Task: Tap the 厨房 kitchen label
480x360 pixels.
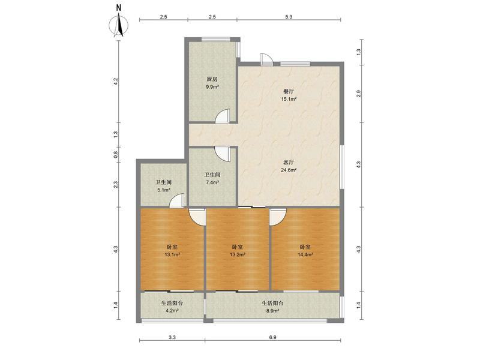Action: (212, 79)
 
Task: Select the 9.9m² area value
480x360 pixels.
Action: (212, 86)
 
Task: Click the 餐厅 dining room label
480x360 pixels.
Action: (289, 91)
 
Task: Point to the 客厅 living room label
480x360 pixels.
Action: (289, 162)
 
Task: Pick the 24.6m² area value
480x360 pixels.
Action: (289, 170)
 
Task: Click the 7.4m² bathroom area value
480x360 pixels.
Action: (212, 182)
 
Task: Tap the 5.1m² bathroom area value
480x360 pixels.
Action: (164, 190)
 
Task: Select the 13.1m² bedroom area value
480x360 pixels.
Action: (172, 254)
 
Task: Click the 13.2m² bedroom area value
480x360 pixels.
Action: (238, 254)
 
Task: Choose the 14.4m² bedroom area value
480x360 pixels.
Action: (305, 254)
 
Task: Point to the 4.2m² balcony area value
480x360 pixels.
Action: (172, 311)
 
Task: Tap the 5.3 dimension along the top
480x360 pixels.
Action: (289, 17)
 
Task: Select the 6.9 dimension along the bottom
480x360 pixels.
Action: (273, 337)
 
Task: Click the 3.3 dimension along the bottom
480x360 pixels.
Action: (172, 337)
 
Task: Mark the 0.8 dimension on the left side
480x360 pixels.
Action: (115, 155)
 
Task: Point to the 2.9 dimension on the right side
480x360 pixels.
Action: (359, 94)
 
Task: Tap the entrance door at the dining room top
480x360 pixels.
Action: (266, 59)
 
